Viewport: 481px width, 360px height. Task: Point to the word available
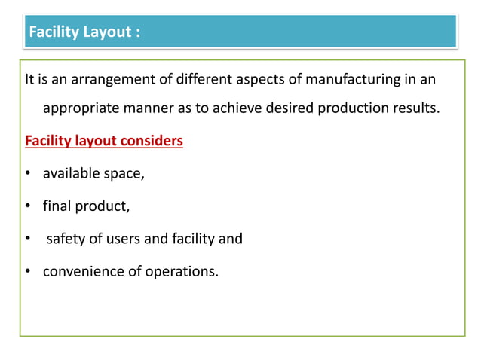[72, 173]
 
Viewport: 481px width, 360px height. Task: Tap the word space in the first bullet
[124, 173]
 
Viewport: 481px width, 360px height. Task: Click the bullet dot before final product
[27, 206]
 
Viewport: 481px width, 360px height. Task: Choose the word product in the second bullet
[96, 206]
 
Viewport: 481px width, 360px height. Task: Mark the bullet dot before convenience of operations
[27, 272]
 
